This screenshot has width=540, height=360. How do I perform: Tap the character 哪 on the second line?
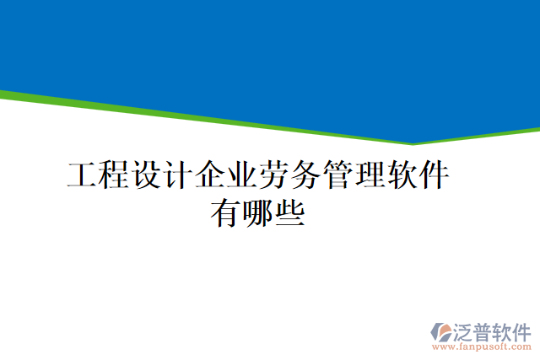pos(257,212)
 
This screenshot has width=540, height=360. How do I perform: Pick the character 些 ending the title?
pos(289,212)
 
